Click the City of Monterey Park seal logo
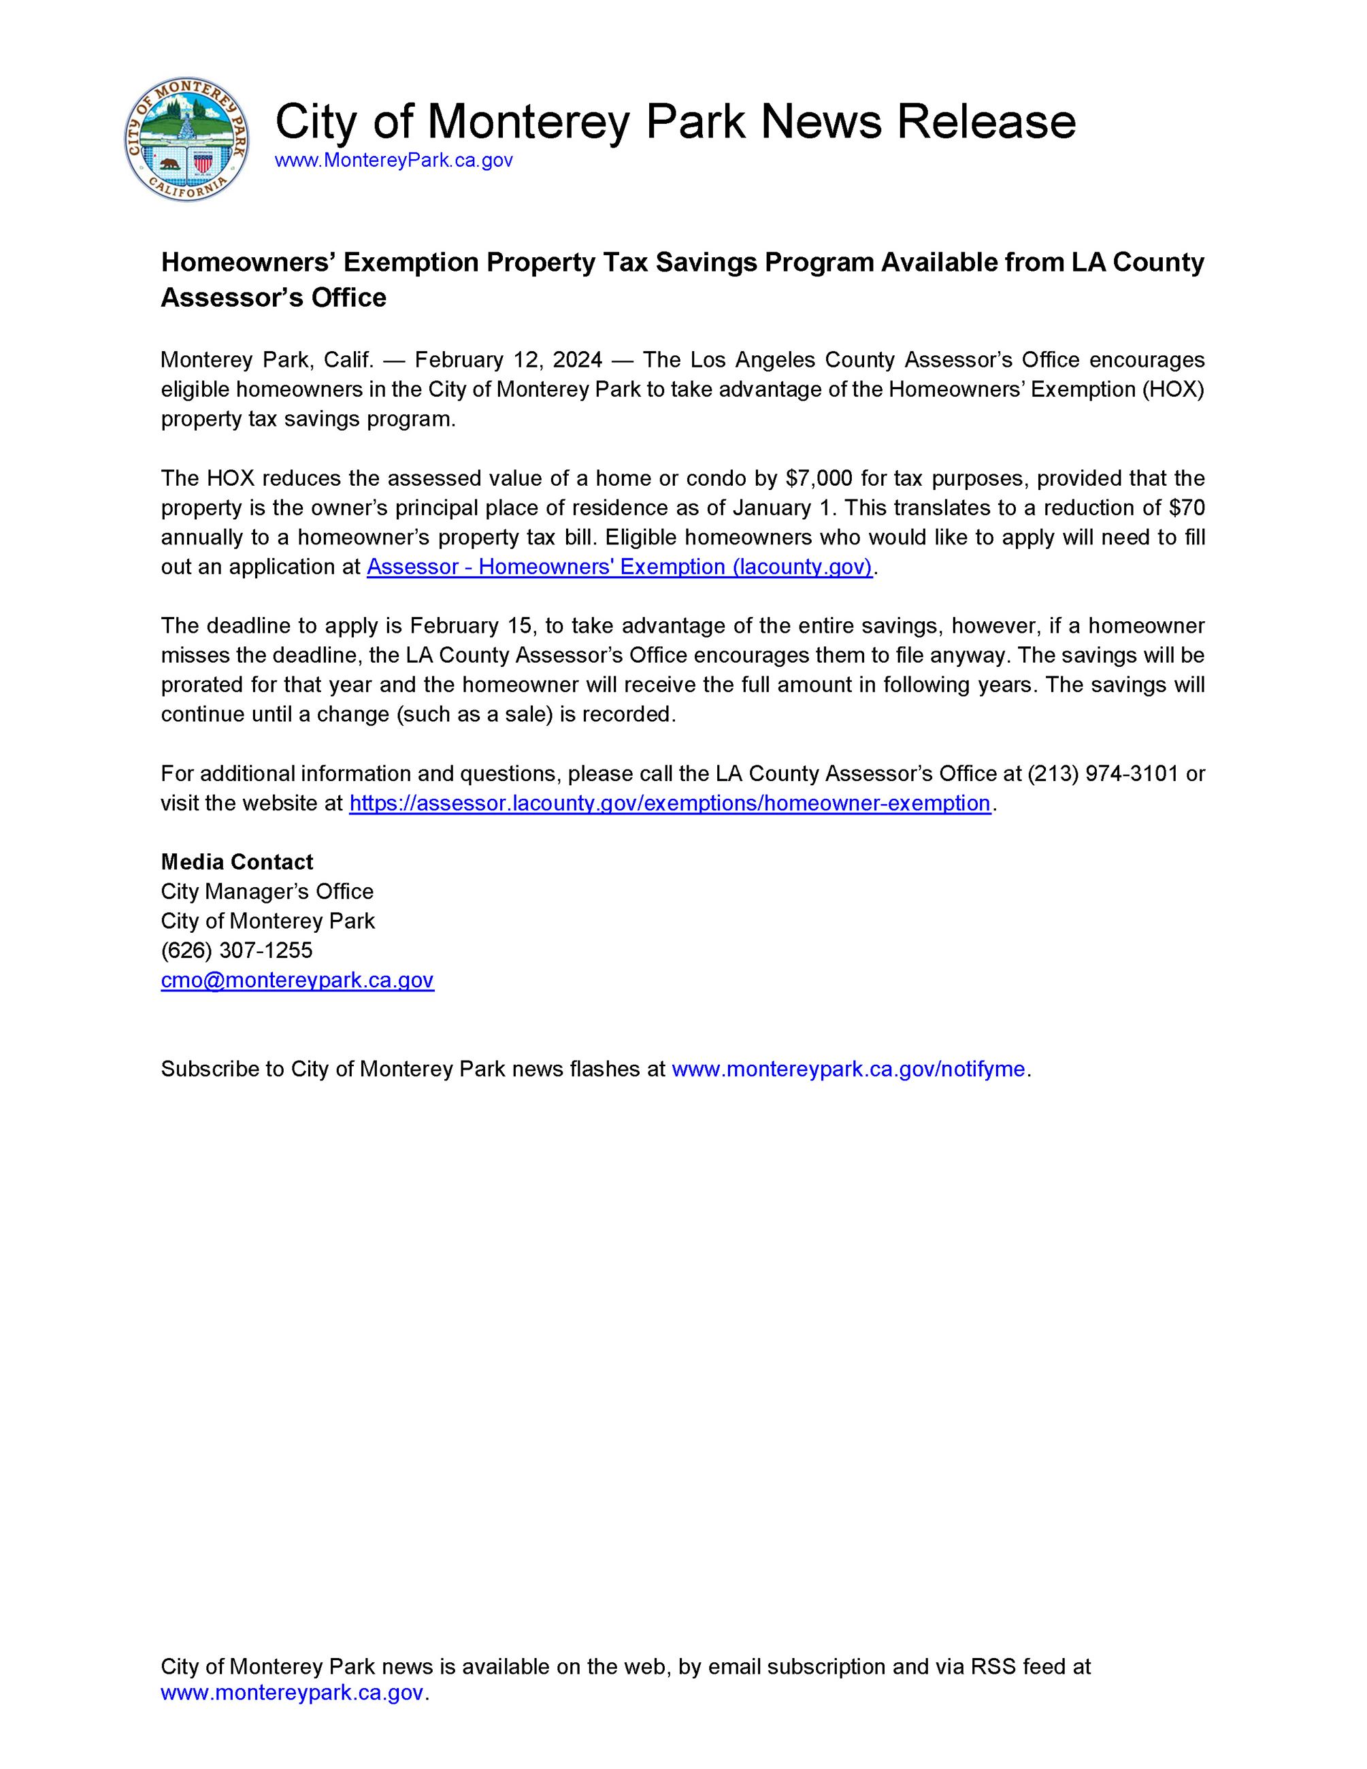[x=187, y=140]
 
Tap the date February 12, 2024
[x=508, y=360]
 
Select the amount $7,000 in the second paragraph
[x=819, y=478]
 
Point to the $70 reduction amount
[x=1187, y=508]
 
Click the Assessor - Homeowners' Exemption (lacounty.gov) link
[x=619, y=567]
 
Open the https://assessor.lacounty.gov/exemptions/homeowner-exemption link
[x=670, y=804]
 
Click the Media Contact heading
[x=237, y=862]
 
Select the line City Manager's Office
[x=267, y=892]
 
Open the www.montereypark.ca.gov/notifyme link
[x=849, y=1069]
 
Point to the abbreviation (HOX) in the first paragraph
[x=1174, y=390]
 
